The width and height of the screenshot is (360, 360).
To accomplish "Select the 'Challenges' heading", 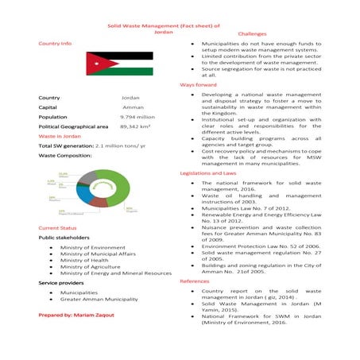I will click(x=253, y=35).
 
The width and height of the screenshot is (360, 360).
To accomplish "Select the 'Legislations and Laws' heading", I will click(x=208, y=172).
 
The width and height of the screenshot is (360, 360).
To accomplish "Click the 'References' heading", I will click(x=195, y=281).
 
